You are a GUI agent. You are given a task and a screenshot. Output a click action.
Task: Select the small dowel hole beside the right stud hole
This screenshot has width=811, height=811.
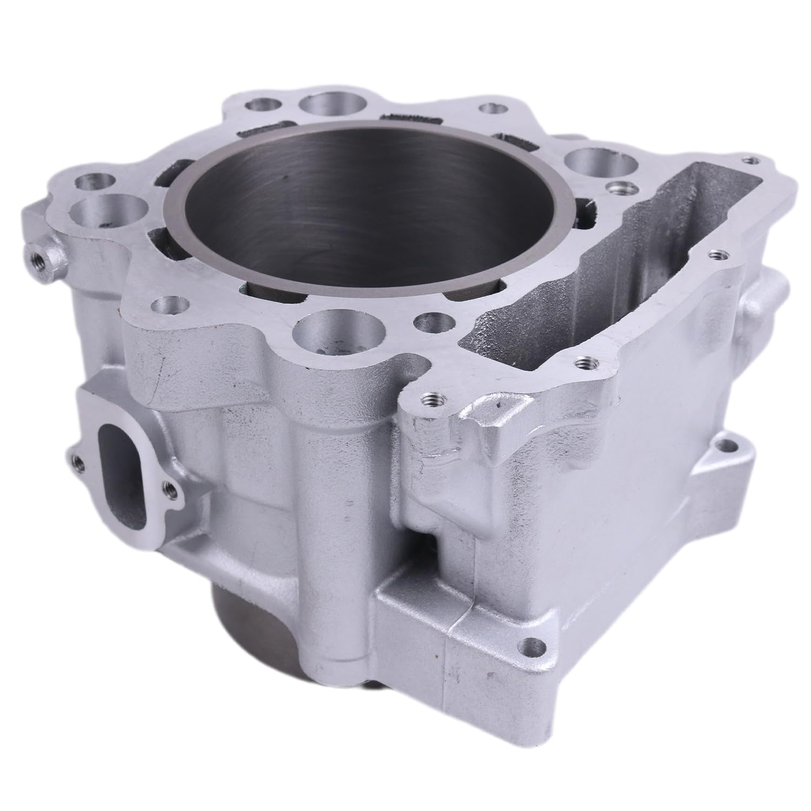615,188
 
